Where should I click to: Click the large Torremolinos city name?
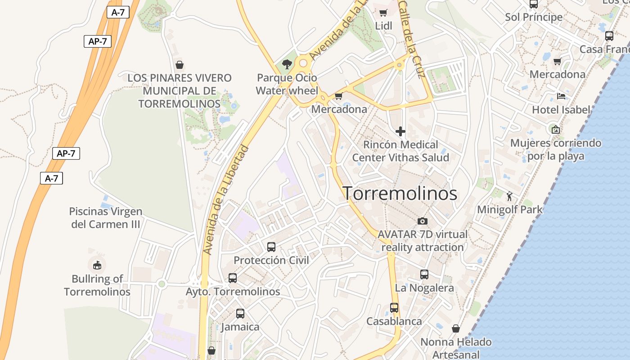pyautogui.click(x=400, y=193)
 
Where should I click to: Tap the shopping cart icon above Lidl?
pyautogui.click(x=383, y=13)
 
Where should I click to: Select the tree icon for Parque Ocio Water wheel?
pyautogui.click(x=287, y=64)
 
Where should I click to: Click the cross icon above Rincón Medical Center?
pyautogui.click(x=400, y=131)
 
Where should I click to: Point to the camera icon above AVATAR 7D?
pyautogui.click(x=422, y=221)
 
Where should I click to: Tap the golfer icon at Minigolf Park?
pyautogui.click(x=509, y=196)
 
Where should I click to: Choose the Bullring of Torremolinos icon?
pyautogui.click(x=97, y=265)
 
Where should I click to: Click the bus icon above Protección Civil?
pyautogui.click(x=271, y=247)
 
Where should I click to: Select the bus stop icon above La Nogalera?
pyautogui.click(x=424, y=274)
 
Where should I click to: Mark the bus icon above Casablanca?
pyautogui.click(x=394, y=308)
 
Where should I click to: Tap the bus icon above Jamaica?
pyautogui.click(x=240, y=313)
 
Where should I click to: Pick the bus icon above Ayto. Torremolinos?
pyautogui.click(x=232, y=278)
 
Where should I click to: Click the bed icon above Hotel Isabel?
pyautogui.click(x=561, y=96)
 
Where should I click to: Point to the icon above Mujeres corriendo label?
pyautogui.click(x=556, y=130)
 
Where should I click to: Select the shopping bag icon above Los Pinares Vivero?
pyautogui.click(x=179, y=65)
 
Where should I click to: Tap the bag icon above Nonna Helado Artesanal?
pyautogui.click(x=456, y=328)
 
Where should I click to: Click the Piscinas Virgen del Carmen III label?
pyautogui.click(x=106, y=218)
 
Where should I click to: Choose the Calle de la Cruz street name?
pyautogui.click(x=412, y=40)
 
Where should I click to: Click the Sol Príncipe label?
pyautogui.click(x=534, y=17)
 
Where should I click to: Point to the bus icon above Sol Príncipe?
pyautogui.click(x=534, y=4)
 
